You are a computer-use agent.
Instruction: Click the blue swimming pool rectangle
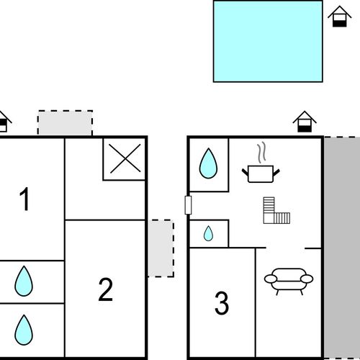tap(268, 41)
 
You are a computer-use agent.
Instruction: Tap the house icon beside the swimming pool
tap(339, 17)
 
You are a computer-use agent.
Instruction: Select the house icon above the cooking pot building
tap(305, 122)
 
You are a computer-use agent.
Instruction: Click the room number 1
tap(24, 199)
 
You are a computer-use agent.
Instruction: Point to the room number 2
tap(106, 289)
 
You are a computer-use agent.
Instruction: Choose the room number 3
tap(222, 302)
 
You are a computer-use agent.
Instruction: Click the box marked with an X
tap(125, 158)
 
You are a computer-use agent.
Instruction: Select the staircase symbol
tap(276, 210)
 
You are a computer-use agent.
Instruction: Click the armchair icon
tap(289, 282)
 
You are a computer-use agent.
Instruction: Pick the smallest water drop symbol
tap(208, 233)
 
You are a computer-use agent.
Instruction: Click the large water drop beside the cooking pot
tap(208, 163)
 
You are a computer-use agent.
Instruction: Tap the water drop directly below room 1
tap(24, 281)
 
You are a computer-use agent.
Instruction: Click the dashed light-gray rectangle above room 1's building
tap(65, 123)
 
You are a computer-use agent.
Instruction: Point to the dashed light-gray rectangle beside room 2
tap(161, 248)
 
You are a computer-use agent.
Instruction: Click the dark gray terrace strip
tap(342, 247)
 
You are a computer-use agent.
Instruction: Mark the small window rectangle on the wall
tap(188, 205)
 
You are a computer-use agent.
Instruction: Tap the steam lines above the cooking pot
tap(262, 152)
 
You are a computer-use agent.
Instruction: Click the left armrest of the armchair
tap(271, 279)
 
